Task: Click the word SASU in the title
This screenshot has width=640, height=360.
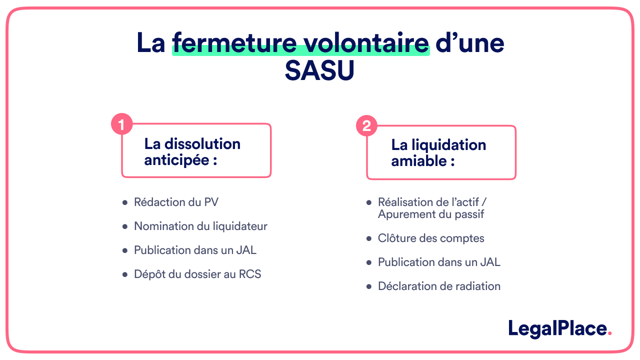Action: (319, 71)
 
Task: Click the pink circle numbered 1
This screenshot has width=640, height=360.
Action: (121, 124)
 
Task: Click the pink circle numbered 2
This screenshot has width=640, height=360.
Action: (366, 126)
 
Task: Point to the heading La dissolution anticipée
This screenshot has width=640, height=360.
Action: (192, 151)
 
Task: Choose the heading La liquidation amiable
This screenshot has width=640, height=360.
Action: (438, 152)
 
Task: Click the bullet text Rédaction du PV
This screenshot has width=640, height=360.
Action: (176, 202)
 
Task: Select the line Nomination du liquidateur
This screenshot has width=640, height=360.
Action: (200, 226)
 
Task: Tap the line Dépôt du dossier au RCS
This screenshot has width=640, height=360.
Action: (197, 274)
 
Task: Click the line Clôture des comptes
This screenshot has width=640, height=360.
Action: (431, 238)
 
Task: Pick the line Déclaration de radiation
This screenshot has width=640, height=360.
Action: (439, 286)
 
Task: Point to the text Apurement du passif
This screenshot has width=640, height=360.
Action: (431, 214)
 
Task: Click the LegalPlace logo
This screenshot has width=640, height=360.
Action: (557, 329)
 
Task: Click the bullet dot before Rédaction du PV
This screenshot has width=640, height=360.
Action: (125, 202)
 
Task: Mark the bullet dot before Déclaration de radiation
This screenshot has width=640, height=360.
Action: (369, 286)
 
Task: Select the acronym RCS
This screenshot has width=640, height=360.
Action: (250, 274)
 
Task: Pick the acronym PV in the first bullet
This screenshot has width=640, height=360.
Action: (211, 202)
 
